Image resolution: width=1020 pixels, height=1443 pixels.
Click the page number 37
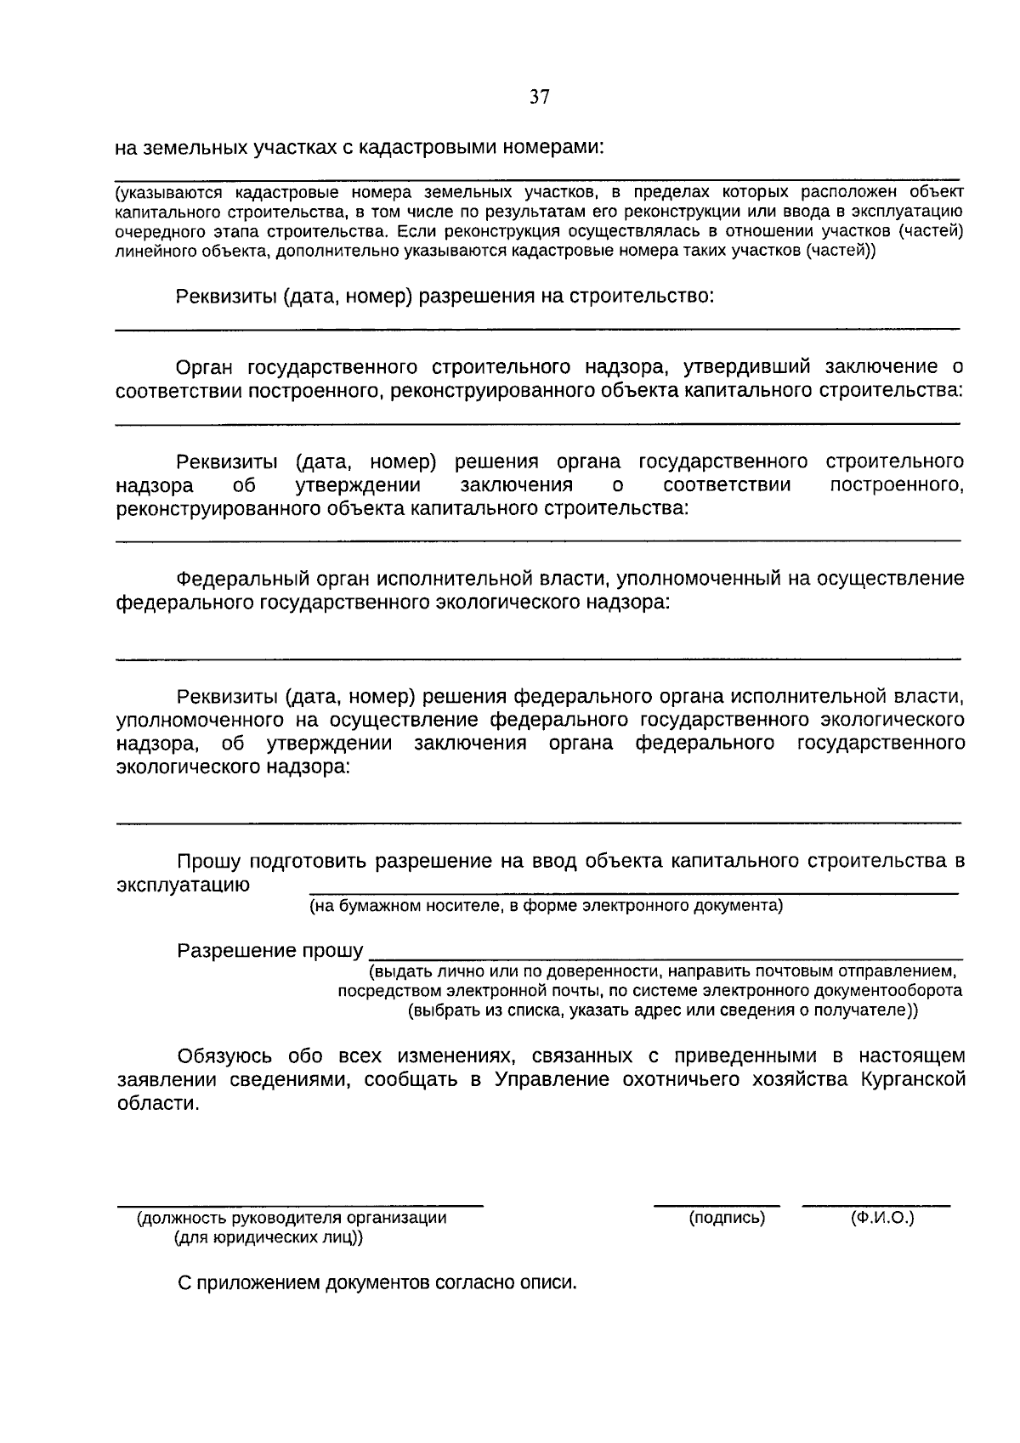click(539, 97)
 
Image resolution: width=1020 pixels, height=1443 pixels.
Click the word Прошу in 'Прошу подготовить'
click(207, 861)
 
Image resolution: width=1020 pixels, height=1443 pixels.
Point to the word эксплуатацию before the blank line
click(183, 884)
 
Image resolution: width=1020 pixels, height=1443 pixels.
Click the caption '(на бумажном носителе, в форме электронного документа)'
click(546, 906)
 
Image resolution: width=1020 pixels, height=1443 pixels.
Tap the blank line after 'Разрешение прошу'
click(667, 958)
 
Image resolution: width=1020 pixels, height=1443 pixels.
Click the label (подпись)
click(727, 1218)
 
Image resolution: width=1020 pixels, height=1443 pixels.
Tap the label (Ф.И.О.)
click(882, 1218)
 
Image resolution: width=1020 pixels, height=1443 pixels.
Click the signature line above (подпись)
click(716, 1204)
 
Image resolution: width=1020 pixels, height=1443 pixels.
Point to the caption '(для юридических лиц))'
click(268, 1237)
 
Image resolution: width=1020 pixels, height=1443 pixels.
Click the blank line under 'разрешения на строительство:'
click(537, 328)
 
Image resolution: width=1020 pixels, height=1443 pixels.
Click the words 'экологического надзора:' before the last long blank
click(232, 767)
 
